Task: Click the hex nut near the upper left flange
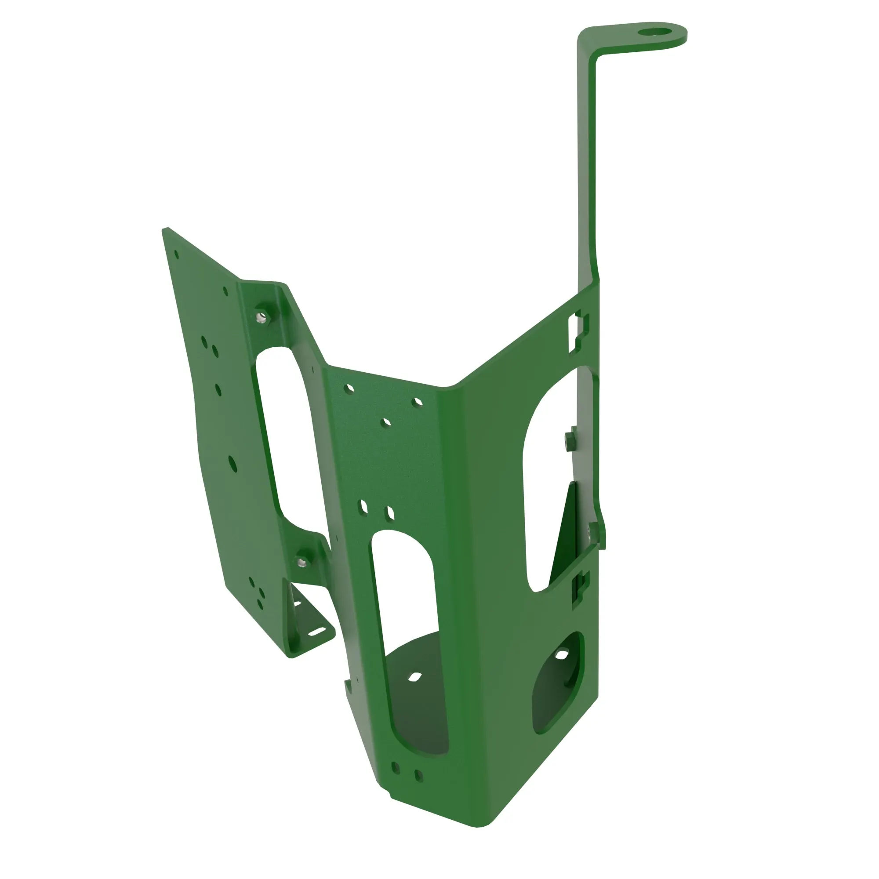(x=262, y=316)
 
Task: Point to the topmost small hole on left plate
(x=177, y=255)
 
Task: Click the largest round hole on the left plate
(x=232, y=464)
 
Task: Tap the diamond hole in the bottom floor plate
(x=414, y=678)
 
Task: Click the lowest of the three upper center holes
(x=385, y=423)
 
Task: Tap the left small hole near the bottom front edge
(x=396, y=768)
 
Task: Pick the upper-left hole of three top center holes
(x=349, y=389)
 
